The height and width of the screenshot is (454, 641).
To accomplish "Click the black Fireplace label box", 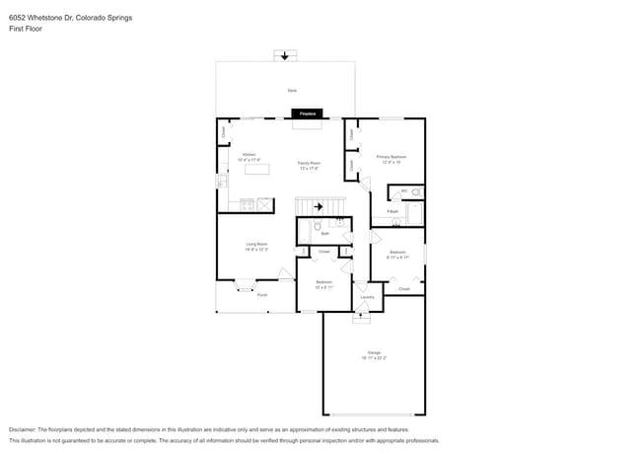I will click(308, 114).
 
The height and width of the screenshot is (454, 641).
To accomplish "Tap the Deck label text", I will click(292, 90).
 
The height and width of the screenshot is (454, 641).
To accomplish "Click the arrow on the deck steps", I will click(285, 56).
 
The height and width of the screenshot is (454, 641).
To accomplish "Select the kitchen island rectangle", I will click(256, 169).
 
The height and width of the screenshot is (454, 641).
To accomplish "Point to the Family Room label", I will click(310, 165).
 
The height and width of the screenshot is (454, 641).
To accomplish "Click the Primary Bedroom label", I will click(392, 159).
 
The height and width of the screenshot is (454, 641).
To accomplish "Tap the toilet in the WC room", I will click(415, 191).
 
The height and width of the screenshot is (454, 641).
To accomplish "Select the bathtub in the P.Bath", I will click(414, 212).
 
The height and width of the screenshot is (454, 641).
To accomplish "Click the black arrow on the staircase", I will click(319, 206).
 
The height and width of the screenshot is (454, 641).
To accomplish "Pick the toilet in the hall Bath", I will click(319, 226).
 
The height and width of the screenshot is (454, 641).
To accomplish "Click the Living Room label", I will click(256, 246).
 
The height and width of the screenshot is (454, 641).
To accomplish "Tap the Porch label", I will click(261, 294).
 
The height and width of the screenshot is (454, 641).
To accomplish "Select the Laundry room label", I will click(367, 296).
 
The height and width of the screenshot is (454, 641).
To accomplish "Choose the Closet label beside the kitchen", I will click(224, 130).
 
